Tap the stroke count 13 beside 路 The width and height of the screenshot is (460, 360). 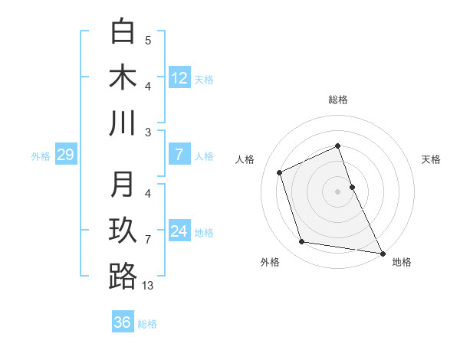point(148,286)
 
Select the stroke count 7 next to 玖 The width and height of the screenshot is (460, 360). point(148,240)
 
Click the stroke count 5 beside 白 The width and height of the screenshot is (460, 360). point(148,41)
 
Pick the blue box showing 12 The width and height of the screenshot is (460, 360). point(179,77)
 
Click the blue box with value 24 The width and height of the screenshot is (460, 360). point(179,231)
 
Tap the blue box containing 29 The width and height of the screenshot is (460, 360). point(65,155)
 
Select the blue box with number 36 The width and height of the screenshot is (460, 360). point(123,322)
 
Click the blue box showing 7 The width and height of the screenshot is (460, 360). point(179,155)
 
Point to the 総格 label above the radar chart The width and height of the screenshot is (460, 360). point(338,100)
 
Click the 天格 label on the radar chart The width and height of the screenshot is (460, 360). point(431,159)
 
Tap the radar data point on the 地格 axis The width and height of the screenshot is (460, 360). point(383,252)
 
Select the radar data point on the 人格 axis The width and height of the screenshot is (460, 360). point(280,172)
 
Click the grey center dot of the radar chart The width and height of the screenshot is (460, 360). point(338,191)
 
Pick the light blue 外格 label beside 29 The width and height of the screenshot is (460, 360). point(41,156)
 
